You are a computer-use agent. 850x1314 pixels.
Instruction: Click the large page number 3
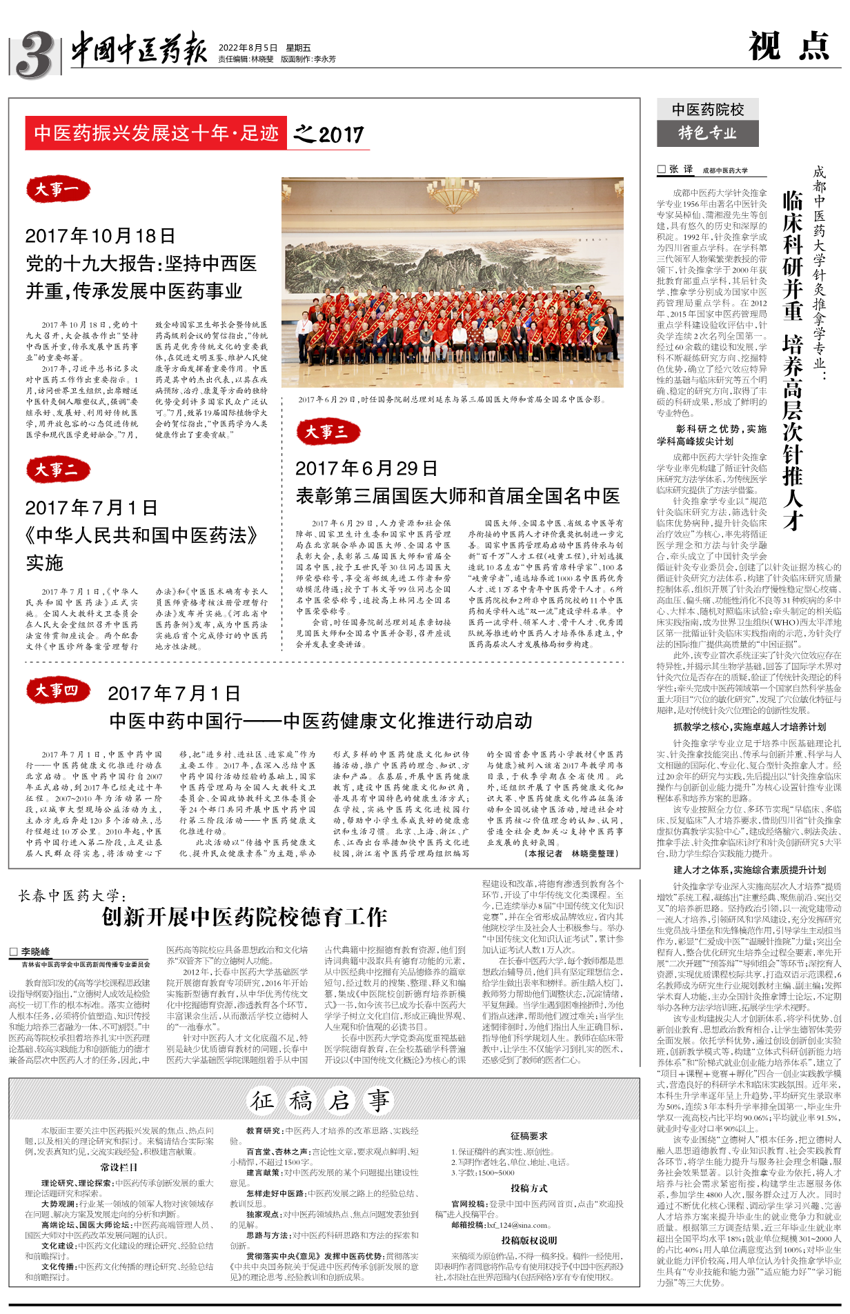pos(33,54)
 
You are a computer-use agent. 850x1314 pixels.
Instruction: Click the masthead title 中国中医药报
pos(139,49)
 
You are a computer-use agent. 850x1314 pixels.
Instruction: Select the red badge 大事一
pos(57,189)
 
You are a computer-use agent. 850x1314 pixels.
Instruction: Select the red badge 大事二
pos(57,470)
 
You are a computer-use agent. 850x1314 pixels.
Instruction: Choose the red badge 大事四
pos(57,690)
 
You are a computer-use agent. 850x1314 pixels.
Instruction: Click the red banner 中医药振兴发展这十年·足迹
pos(156,133)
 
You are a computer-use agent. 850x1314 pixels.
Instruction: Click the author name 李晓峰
pos(35,951)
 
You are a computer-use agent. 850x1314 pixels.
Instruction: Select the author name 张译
pos(680,169)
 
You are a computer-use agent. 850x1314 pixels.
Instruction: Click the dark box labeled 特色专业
pos(707,133)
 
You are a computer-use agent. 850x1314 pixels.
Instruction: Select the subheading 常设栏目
pos(119,1167)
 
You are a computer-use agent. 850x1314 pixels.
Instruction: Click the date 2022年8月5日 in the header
pos(248,48)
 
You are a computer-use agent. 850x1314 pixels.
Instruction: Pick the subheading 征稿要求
pos(529,1135)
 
